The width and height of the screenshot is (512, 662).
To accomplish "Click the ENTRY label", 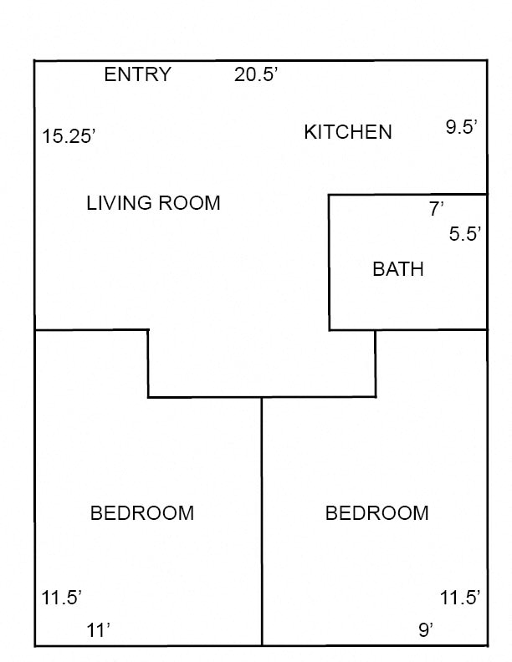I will [x=137, y=74].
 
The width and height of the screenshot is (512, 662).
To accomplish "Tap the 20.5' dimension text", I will [x=256, y=74].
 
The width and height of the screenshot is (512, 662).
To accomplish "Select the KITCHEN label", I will [x=347, y=132].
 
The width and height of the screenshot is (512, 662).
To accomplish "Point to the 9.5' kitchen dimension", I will [x=461, y=127].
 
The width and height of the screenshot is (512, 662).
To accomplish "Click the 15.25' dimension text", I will [x=70, y=136].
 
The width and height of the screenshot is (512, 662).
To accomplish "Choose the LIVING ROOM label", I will [x=153, y=203].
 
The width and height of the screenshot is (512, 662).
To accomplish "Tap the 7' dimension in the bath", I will [x=437, y=210].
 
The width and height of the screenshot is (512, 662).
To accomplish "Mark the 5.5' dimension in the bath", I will [x=466, y=235].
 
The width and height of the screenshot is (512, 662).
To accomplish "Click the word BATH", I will [x=397, y=269].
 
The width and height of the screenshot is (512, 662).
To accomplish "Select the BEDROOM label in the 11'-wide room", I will [x=141, y=513].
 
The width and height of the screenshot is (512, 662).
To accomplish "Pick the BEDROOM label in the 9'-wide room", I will [x=376, y=513].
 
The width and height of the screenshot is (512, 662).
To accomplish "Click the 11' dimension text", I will [x=99, y=630].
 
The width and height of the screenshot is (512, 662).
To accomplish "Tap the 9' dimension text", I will [x=426, y=630].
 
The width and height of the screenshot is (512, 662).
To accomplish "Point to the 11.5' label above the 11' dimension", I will [x=62, y=598].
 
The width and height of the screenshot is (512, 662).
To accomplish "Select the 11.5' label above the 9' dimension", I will [x=461, y=598].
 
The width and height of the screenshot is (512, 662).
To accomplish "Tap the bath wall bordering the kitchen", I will [x=407, y=196].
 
